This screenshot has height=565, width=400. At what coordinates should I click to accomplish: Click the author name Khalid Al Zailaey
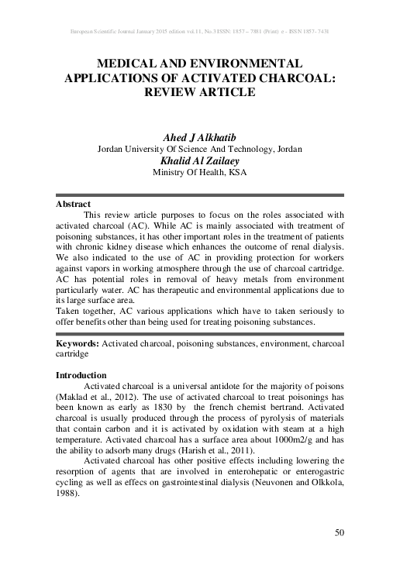pyautogui.click(x=199, y=161)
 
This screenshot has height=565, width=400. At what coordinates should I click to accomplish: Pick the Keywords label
pyautogui.click(x=79, y=342)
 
